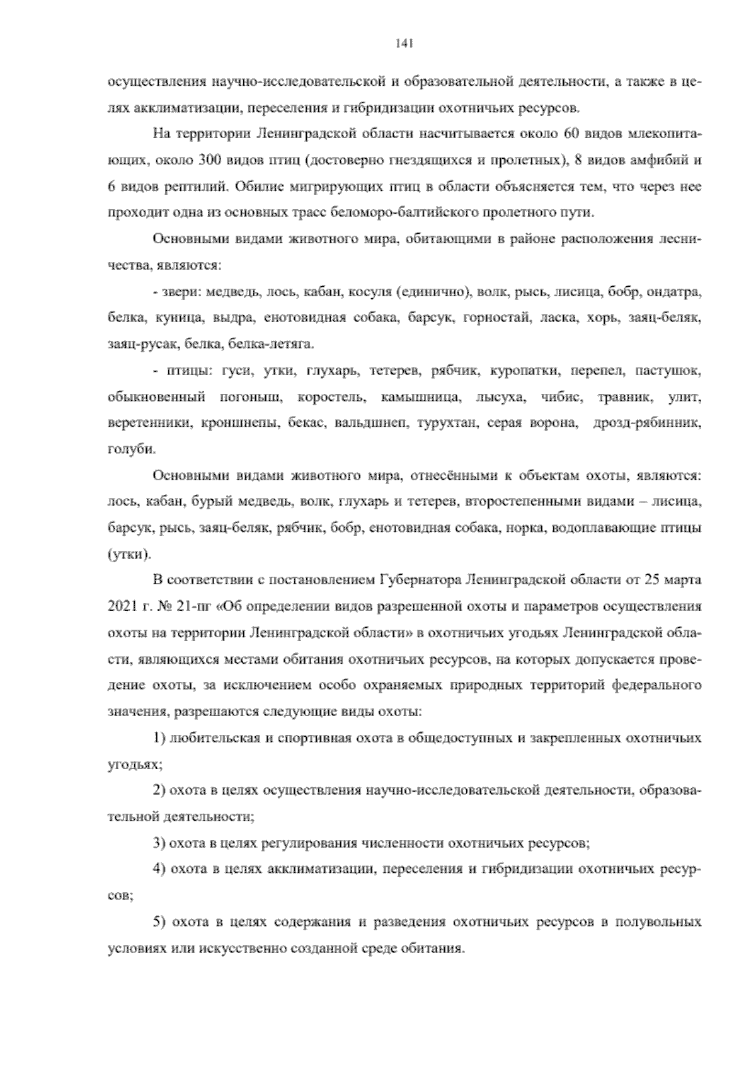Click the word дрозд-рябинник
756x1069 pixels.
click(x=648, y=424)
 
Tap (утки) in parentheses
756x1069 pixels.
click(x=129, y=555)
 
